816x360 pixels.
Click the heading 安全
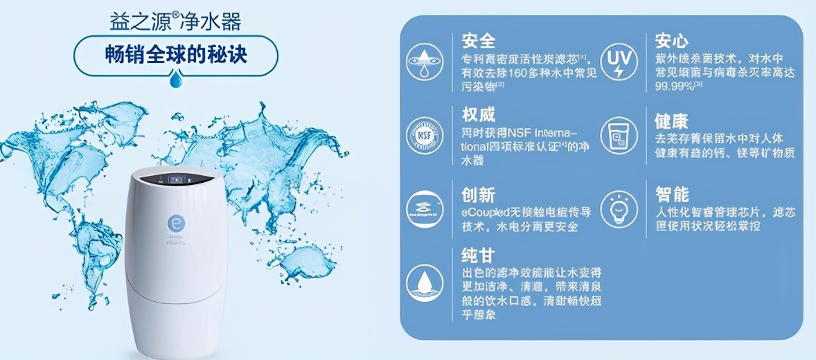click(479, 40)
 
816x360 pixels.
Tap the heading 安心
click(671, 40)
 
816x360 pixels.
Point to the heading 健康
click(671, 121)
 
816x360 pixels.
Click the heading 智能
click(671, 193)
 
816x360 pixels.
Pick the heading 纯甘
click(479, 254)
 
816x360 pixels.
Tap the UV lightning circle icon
click(618, 61)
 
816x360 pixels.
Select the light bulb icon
click(618, 208)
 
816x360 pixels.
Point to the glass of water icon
click(618, 134)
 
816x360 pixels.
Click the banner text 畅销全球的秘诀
click(176, 55)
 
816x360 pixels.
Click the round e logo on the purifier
click(174, 224)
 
